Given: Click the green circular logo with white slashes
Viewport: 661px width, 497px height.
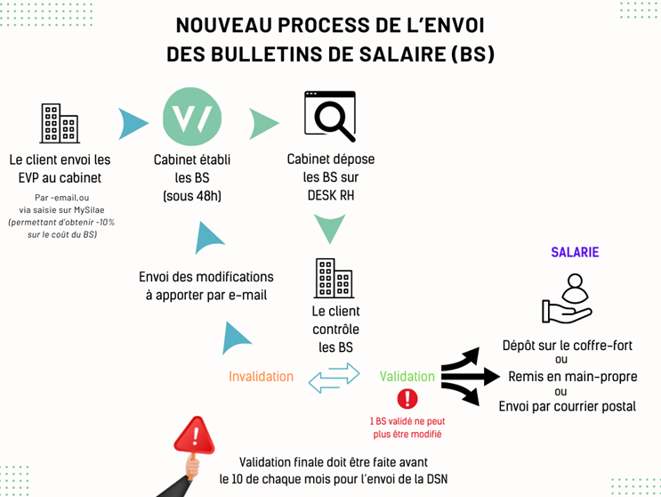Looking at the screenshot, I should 192,118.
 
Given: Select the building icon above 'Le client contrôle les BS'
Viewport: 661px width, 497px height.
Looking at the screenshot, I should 335,279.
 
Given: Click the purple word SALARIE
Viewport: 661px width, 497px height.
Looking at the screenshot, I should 575,252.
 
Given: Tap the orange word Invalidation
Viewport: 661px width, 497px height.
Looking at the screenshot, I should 261,376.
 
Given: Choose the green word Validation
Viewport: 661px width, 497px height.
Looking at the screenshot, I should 407,376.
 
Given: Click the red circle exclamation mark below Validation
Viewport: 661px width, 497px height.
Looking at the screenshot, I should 407,398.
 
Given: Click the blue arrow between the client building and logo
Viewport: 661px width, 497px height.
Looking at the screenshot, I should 133,123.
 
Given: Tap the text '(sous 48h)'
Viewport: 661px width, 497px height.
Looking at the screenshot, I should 192,195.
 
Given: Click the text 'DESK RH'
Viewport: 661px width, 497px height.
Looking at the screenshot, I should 330,195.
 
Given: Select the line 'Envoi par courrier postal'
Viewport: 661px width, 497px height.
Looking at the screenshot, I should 567,407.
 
